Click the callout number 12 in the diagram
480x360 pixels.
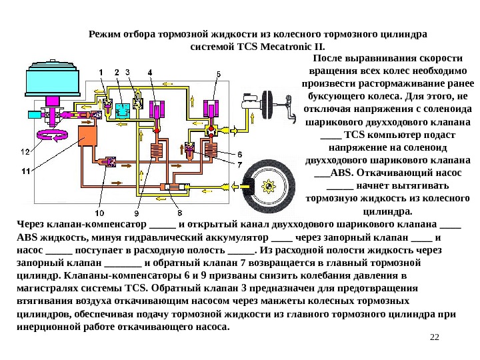24,152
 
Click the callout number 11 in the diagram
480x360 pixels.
24,171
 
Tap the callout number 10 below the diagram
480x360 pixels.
99,213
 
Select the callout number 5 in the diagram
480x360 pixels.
218,73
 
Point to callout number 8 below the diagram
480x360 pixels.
179,213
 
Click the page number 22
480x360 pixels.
435,335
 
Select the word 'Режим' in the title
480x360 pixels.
103,33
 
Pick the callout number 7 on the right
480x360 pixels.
240,164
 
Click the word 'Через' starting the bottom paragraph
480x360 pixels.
29,225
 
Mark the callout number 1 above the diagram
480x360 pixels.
101,72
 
